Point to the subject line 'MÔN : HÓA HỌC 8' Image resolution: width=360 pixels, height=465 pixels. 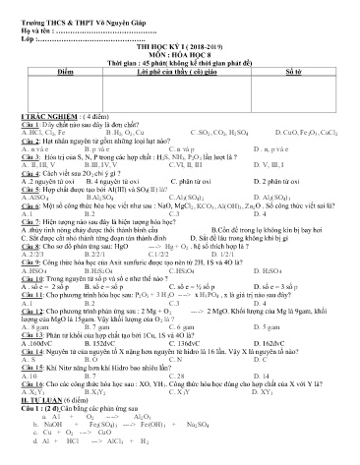[183, 55]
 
